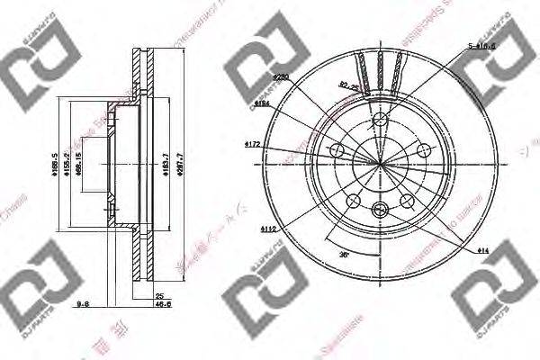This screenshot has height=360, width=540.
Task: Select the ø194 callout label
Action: (x=263, y=104)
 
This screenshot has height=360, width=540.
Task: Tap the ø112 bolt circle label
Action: (x=268, y=230)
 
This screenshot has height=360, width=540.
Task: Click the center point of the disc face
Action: (x=378, y=163)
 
